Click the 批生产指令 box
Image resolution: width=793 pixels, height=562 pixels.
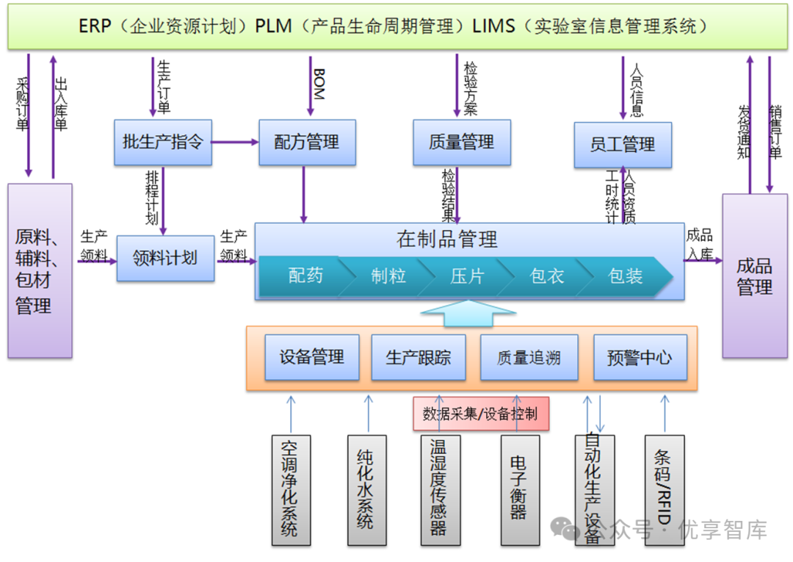(x=163, y=143)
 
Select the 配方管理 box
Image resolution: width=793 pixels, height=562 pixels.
(x=307, y=143)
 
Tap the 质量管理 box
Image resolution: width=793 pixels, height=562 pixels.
(x=461, y=143)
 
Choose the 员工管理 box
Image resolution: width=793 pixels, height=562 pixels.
(x=623, y=145)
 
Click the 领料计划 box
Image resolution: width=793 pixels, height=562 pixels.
(x=165, y=258)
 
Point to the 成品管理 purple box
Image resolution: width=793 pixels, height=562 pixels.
(x=755, y=275)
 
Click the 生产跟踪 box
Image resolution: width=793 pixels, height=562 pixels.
(x=419, y=358)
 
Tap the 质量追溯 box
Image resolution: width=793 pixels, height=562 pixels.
(x=529, y=358)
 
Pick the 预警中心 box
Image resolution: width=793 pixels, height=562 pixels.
(x=640, y=358)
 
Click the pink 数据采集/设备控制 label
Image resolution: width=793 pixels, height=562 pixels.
(x=481, y=414)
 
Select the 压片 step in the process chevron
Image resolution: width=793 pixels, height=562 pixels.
(x=467, y=276)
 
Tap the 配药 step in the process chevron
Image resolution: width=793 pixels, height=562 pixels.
(x=304, y=276)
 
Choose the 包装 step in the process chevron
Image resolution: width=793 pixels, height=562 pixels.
(x=626, y=276)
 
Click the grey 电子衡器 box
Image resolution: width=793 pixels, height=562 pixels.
(x=519, y=489)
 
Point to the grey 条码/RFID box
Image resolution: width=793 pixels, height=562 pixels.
(x=664, y=489)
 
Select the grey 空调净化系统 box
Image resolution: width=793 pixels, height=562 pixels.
(x=290, y=489)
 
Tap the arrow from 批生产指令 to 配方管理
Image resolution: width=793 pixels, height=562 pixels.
(x=235, y=142)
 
